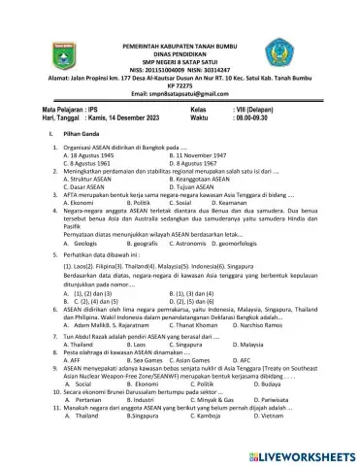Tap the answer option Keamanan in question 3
pos(241,201)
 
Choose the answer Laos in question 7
pos(144,345)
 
